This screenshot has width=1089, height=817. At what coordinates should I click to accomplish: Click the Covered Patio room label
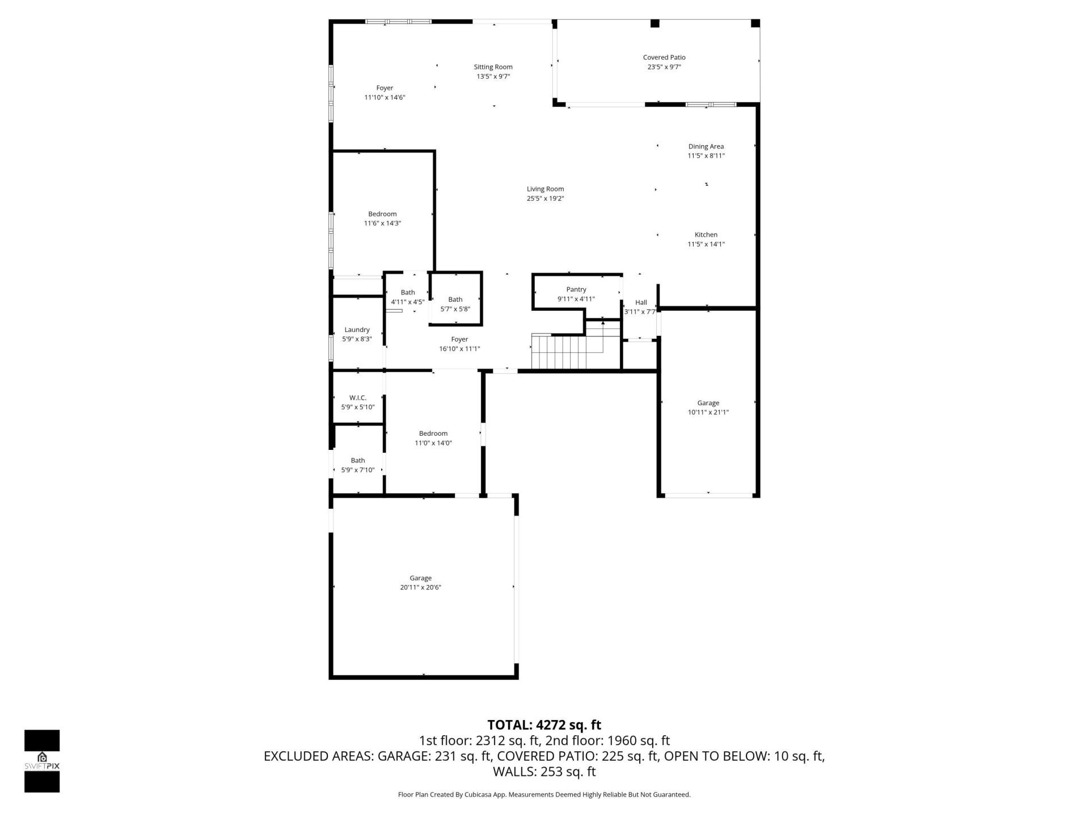click(664, 57)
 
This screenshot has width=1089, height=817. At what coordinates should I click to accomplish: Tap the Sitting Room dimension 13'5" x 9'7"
click(493, 77)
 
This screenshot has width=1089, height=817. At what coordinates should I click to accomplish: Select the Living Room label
click(545, 189)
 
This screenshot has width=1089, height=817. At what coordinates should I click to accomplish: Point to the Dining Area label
click(706, 146)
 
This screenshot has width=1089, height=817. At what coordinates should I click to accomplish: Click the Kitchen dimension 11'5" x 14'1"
click(706, 245)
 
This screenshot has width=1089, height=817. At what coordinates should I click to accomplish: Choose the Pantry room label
click(576, 289)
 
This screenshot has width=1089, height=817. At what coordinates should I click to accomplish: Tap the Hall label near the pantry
click(641, 302)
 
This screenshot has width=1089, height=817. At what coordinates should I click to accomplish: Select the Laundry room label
click(357, 330)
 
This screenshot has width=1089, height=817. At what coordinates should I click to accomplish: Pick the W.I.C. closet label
click(357, 398)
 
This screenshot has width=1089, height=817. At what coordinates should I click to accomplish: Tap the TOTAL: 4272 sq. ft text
click(544, 725)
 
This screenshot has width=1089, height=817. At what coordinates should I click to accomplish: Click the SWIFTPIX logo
click(42, 760)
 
